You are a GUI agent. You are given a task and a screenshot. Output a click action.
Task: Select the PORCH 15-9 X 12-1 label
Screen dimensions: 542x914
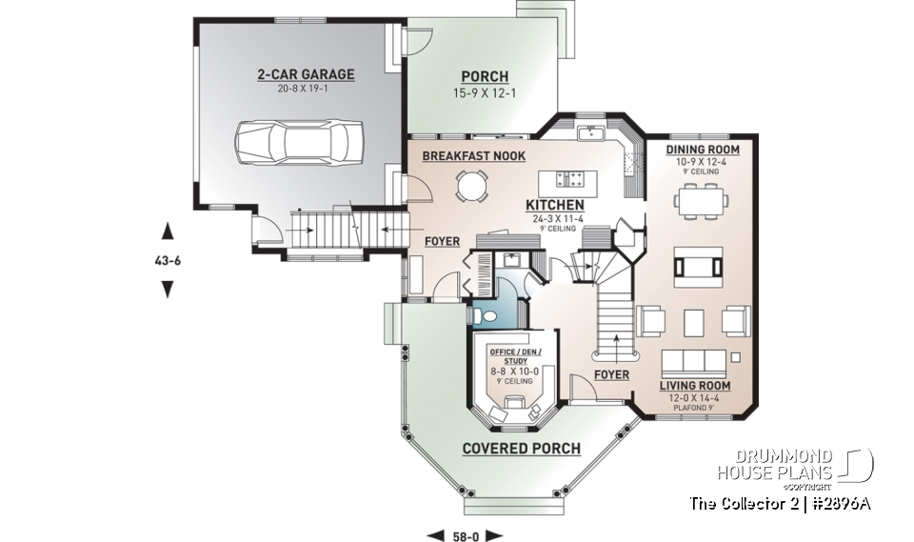click(x=485, y=84)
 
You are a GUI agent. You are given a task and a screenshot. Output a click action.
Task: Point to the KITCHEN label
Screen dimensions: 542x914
click(x=555, y=205)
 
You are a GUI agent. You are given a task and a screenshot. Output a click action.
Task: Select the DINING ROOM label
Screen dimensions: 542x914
click(x=703, y=150)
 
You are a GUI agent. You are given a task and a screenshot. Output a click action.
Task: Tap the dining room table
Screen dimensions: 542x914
click(x=703, y=201)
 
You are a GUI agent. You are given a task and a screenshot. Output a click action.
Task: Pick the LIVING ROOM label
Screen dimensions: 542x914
click(x=696, y=386)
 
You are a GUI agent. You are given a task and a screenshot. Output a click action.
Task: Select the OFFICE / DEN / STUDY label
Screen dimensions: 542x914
click(x=514, y=356)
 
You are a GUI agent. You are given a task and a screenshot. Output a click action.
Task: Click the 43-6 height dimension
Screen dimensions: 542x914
click(x=168, y=259)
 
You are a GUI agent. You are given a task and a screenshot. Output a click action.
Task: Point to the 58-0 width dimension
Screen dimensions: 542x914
click(x=466, y=533)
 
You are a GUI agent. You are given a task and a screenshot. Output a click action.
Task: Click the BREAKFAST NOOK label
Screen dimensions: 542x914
click(x=473, y=155)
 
